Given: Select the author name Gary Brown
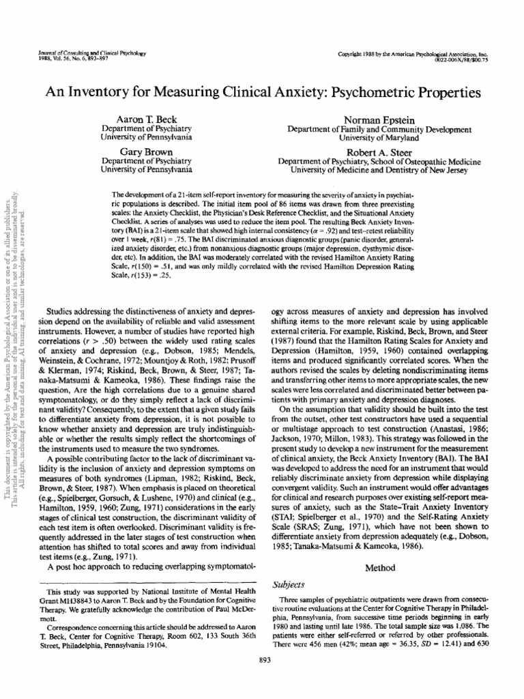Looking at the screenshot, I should tap(145, 150).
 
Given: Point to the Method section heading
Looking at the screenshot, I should tap(379, 567).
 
